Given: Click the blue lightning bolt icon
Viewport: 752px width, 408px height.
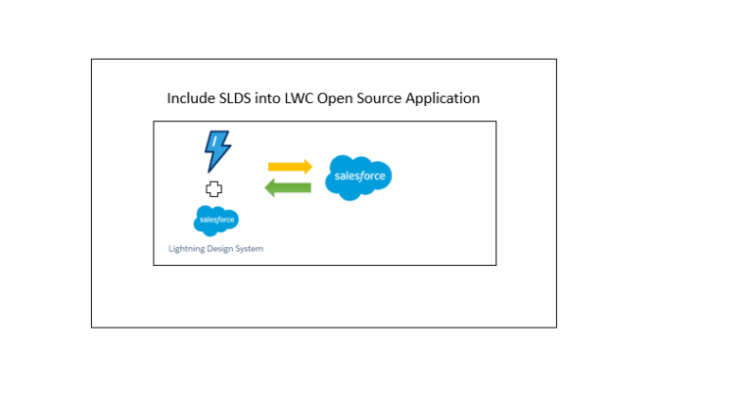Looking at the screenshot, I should tap(216, 151).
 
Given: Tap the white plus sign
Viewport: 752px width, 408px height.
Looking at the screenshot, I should tap(213, 188).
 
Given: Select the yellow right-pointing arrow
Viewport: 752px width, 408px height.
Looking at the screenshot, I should tap(289, 167).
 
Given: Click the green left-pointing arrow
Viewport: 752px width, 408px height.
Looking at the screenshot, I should tap(289, 187).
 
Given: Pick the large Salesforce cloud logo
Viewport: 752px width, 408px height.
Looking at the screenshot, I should tap(359, 177).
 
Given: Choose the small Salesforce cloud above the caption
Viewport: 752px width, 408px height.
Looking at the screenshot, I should tap(216, 220).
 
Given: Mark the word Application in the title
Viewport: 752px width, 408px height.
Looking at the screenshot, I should tap(448, 99).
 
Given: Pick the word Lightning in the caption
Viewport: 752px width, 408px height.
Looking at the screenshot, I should tap(188, 249).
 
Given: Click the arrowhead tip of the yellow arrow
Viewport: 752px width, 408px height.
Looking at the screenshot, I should tap(310, 167).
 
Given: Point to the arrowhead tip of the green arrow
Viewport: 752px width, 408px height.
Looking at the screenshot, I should tap(267, 187).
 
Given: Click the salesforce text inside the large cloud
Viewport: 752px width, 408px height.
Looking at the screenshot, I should tap(359, 178).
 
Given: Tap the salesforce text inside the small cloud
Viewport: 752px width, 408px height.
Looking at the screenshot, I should tap(216, 221).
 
